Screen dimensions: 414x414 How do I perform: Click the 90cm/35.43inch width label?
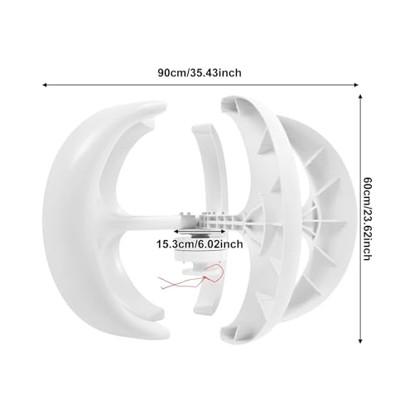200,73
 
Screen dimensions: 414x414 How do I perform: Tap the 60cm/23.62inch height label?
368,219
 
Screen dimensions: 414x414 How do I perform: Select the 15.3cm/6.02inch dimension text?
200,244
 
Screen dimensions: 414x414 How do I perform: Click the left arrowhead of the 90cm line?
44,84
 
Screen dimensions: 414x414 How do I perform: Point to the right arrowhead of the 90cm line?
356,84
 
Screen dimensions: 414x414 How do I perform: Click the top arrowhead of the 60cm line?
360,96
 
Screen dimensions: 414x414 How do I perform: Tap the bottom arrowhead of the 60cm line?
360,341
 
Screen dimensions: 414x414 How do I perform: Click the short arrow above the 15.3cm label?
200,231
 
